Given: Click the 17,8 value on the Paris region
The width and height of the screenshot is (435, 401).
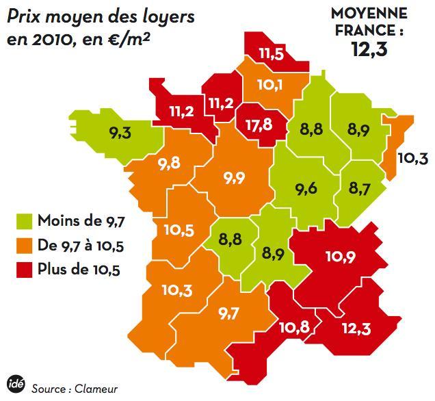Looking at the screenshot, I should (x=259, y=126).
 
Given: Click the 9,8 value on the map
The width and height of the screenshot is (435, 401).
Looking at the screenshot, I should (x=168, y=164).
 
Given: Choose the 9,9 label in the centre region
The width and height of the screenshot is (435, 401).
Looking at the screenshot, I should (x=234, y=178).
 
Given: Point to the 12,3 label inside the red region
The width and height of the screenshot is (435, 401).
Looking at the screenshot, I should (x=356, y=330).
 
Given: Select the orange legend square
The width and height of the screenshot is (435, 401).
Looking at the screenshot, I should (x=25, y=245).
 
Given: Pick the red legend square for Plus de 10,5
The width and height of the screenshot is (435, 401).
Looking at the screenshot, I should (x=25, y=270).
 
